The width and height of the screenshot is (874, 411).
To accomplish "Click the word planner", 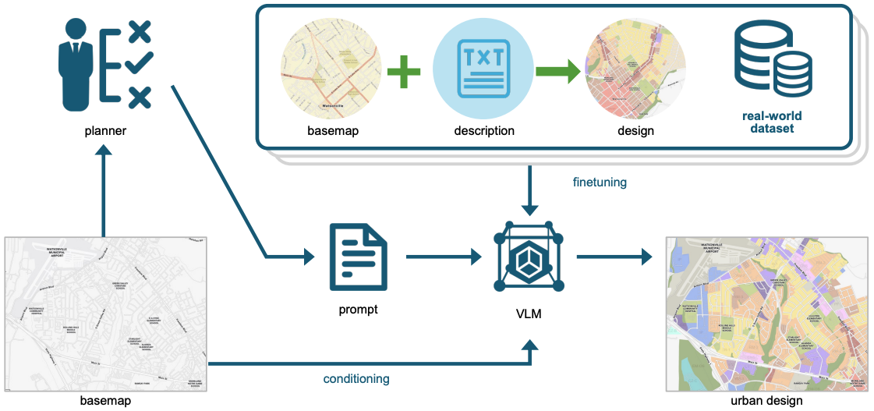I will coord(105,131).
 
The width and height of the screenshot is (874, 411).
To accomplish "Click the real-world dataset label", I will coord(771,122).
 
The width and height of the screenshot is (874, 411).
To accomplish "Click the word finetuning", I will coord(600,182).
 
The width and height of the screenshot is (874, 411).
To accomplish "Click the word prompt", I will coord(358,310).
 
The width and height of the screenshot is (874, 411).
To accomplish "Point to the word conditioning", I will coord(356,379).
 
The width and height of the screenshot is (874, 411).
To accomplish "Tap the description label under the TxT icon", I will coord(484,131).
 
